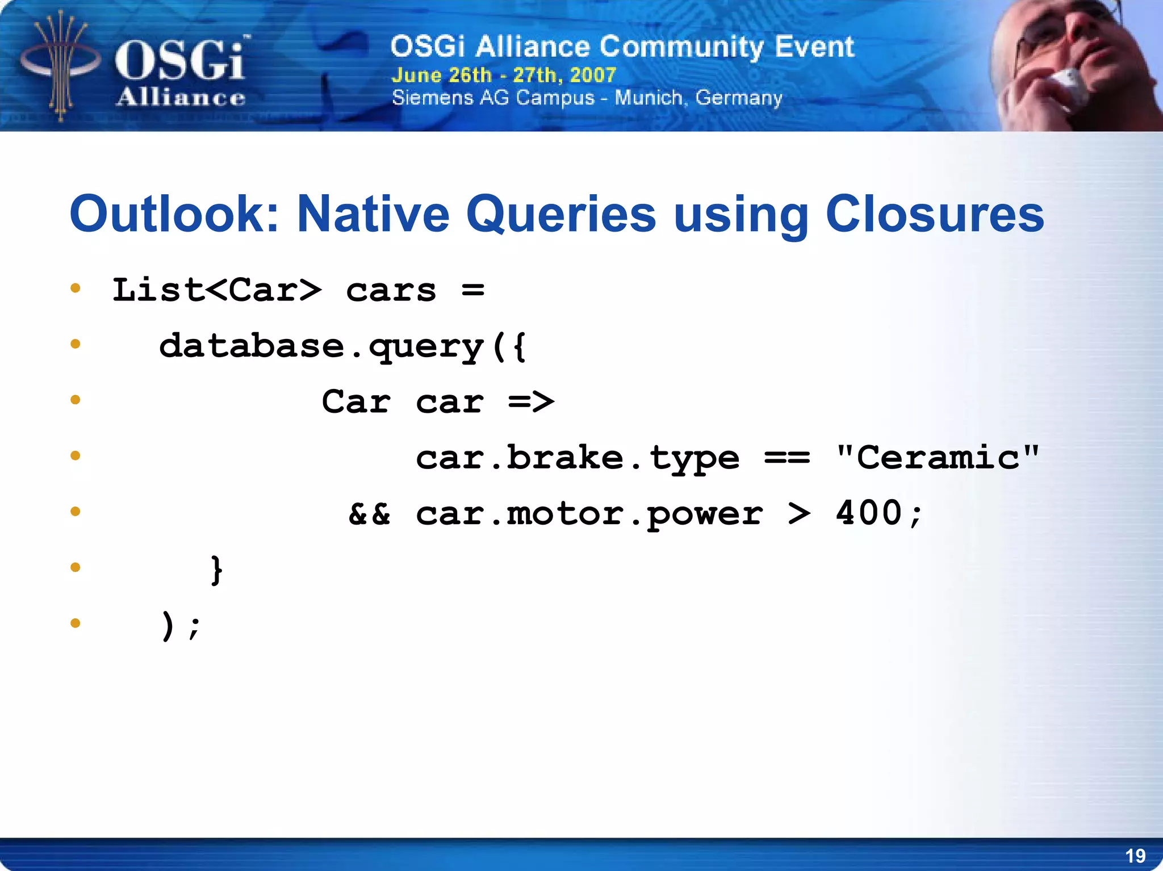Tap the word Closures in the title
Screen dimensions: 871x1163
(x=934, y=215)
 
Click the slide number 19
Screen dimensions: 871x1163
(x=1135, y=856)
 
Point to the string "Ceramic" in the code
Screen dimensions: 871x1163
(x=938, y=458)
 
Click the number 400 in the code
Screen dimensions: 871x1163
(x=869, y=513)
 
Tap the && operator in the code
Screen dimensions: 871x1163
(x=370, y=514)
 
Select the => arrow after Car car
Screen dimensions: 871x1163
(x=531, y=402)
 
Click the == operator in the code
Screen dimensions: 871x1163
(x=787, y=458)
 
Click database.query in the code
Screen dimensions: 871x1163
(x=321, y=346)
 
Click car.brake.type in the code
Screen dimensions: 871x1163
(x=578, y=458)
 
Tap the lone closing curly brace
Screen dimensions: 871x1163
(x=216, y=569)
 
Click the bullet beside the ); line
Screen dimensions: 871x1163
(x=76, y=623)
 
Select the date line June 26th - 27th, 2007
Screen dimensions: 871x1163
(x=504, y=75)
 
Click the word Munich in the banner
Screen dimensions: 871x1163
(x=648, y=98)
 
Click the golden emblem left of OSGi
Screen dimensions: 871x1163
(x=60, y=65)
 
